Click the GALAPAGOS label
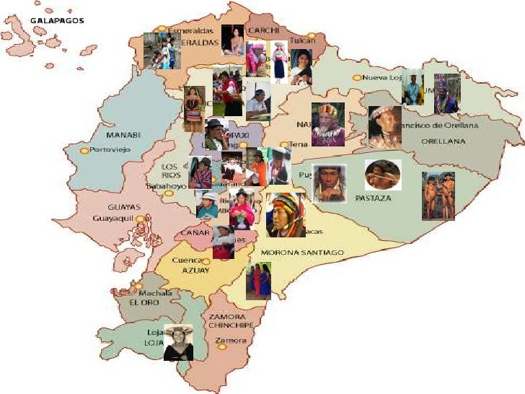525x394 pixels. pos(57,21)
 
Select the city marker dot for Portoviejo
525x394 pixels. pos(84,150)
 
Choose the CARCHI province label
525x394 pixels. pos(262,31)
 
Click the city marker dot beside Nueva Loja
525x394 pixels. pos(356,77)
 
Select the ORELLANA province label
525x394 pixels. pos(444,141)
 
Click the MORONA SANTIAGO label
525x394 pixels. pos(302,253)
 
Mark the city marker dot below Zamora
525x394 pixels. pos(222,347)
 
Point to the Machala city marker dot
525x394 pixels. pos(138,286)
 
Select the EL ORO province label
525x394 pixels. pos(145,302)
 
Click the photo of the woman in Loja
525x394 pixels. pos(178,342)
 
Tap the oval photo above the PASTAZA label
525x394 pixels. pos(383,175)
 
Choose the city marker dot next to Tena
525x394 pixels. pos(284,144)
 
